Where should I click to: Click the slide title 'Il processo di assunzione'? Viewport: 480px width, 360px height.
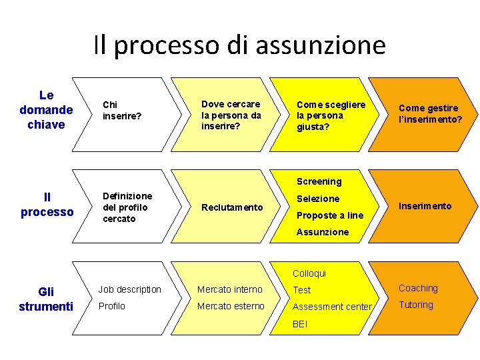[239, 45]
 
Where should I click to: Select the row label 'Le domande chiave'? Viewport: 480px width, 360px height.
[46, 110]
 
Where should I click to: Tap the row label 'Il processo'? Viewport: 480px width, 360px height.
[47, 205]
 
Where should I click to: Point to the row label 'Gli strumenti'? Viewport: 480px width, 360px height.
[46, 299]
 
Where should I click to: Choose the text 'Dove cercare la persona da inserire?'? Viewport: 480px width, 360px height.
[231, 115]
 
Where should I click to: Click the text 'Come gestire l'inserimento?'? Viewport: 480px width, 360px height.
[429, 113]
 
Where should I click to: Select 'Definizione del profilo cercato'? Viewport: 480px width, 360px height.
[127, 207]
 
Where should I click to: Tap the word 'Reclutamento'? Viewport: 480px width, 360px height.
[232, 207]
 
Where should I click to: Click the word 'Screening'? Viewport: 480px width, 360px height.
[319, 181]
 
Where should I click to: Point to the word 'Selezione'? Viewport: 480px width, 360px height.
[318, 199]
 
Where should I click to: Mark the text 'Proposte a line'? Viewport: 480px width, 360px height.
[330, 215]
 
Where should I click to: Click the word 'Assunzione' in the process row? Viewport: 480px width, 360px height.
[323, 232]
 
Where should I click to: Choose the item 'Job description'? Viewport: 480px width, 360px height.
[129, 289]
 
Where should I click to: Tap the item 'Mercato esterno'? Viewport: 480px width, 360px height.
[231, 306]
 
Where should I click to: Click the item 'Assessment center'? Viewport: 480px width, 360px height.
[332, 307]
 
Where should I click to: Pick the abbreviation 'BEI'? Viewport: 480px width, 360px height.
[301, 324]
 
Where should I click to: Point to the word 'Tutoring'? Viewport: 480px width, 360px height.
[415, 305]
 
